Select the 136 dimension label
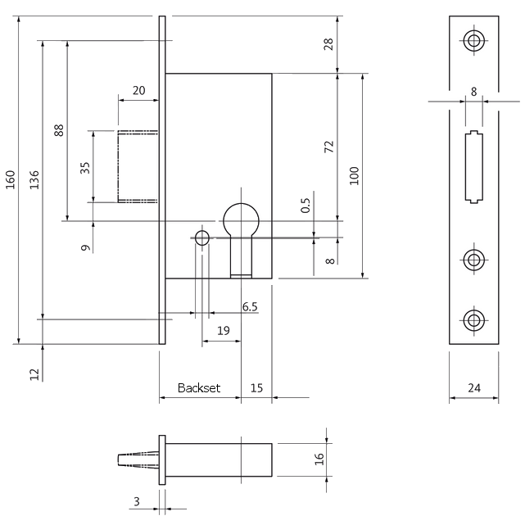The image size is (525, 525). pos(34,179)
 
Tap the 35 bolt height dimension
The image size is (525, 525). pos(86,167)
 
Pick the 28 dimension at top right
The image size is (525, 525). pos(329,44)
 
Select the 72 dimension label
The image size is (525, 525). pos(329,147)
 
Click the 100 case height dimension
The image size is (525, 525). pos(354,175)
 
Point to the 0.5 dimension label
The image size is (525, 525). pos(306,206)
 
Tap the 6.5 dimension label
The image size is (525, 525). pos(250,307)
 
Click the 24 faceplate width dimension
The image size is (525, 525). pos(473,390)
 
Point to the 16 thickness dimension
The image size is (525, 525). pos(319,458)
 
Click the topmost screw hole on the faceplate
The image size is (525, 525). pos(473,40)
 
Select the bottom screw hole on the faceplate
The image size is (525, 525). pos(473,319)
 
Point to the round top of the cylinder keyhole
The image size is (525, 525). pos(240,219)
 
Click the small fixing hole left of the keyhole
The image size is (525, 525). pos(201,237)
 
